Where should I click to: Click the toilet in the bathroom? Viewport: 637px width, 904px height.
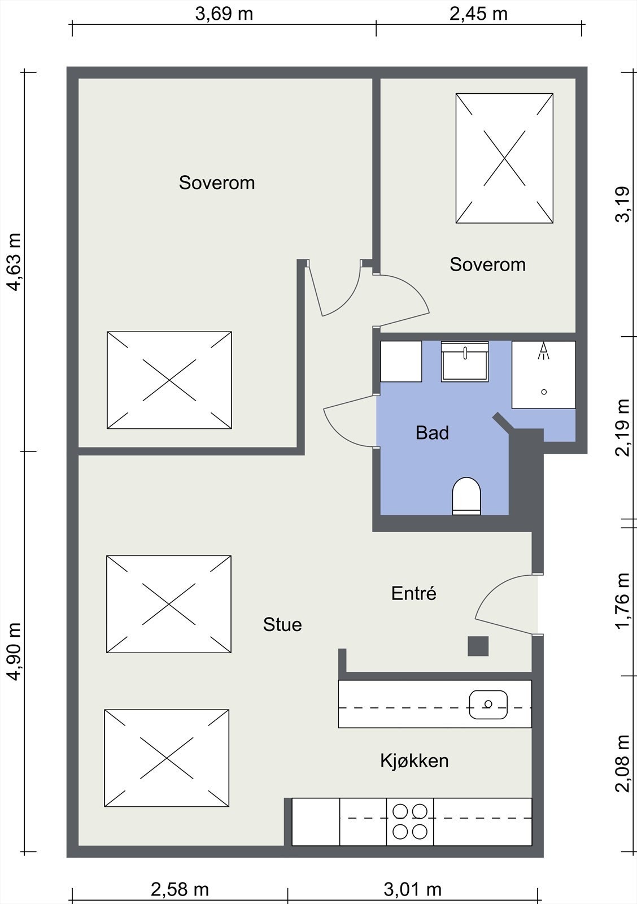tap(466, 496)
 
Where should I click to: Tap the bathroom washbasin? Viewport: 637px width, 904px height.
tap(465, 362)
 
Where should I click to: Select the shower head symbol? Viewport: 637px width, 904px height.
tap(543, 350)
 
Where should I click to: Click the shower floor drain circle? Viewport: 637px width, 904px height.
tap(544, 392)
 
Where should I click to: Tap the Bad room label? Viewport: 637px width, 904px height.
tap(432, 433)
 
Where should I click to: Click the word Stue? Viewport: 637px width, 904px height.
tap(282, 625)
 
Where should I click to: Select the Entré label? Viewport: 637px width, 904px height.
tap(414, 593)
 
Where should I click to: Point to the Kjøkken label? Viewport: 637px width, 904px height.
tap(415, 760)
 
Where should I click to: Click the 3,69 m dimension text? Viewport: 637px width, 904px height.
tap(224, 14)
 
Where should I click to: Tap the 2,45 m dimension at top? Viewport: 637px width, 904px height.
tap(478, 14)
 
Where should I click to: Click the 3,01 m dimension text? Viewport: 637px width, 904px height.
tap(413, 889)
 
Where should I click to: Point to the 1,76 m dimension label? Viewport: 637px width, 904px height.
tap(622, 601)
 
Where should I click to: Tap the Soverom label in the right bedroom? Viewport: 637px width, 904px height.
tap(488, 265)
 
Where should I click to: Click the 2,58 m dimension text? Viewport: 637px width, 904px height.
tap(180, 889)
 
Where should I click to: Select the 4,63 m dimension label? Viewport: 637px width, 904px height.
tap(15, 262)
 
